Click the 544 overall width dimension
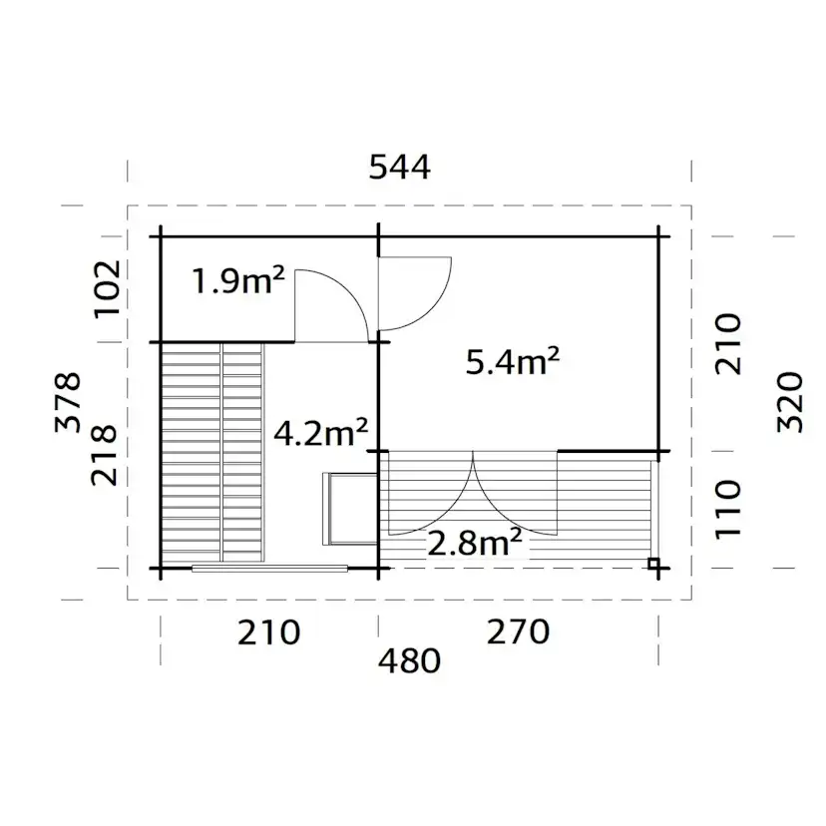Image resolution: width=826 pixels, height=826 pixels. coord(399,168)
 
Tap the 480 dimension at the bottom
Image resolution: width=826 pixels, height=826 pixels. coord(409,660)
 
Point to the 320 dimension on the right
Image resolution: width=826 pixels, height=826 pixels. coord(788,402)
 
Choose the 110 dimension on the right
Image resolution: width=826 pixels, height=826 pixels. coord(729,509)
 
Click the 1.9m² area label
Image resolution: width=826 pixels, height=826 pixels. coord(238,283)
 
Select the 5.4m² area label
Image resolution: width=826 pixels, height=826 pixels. coord(512,362)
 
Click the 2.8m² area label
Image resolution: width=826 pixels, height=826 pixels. coord(474,543)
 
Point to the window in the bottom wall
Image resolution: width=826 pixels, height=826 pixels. coord(269,569)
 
